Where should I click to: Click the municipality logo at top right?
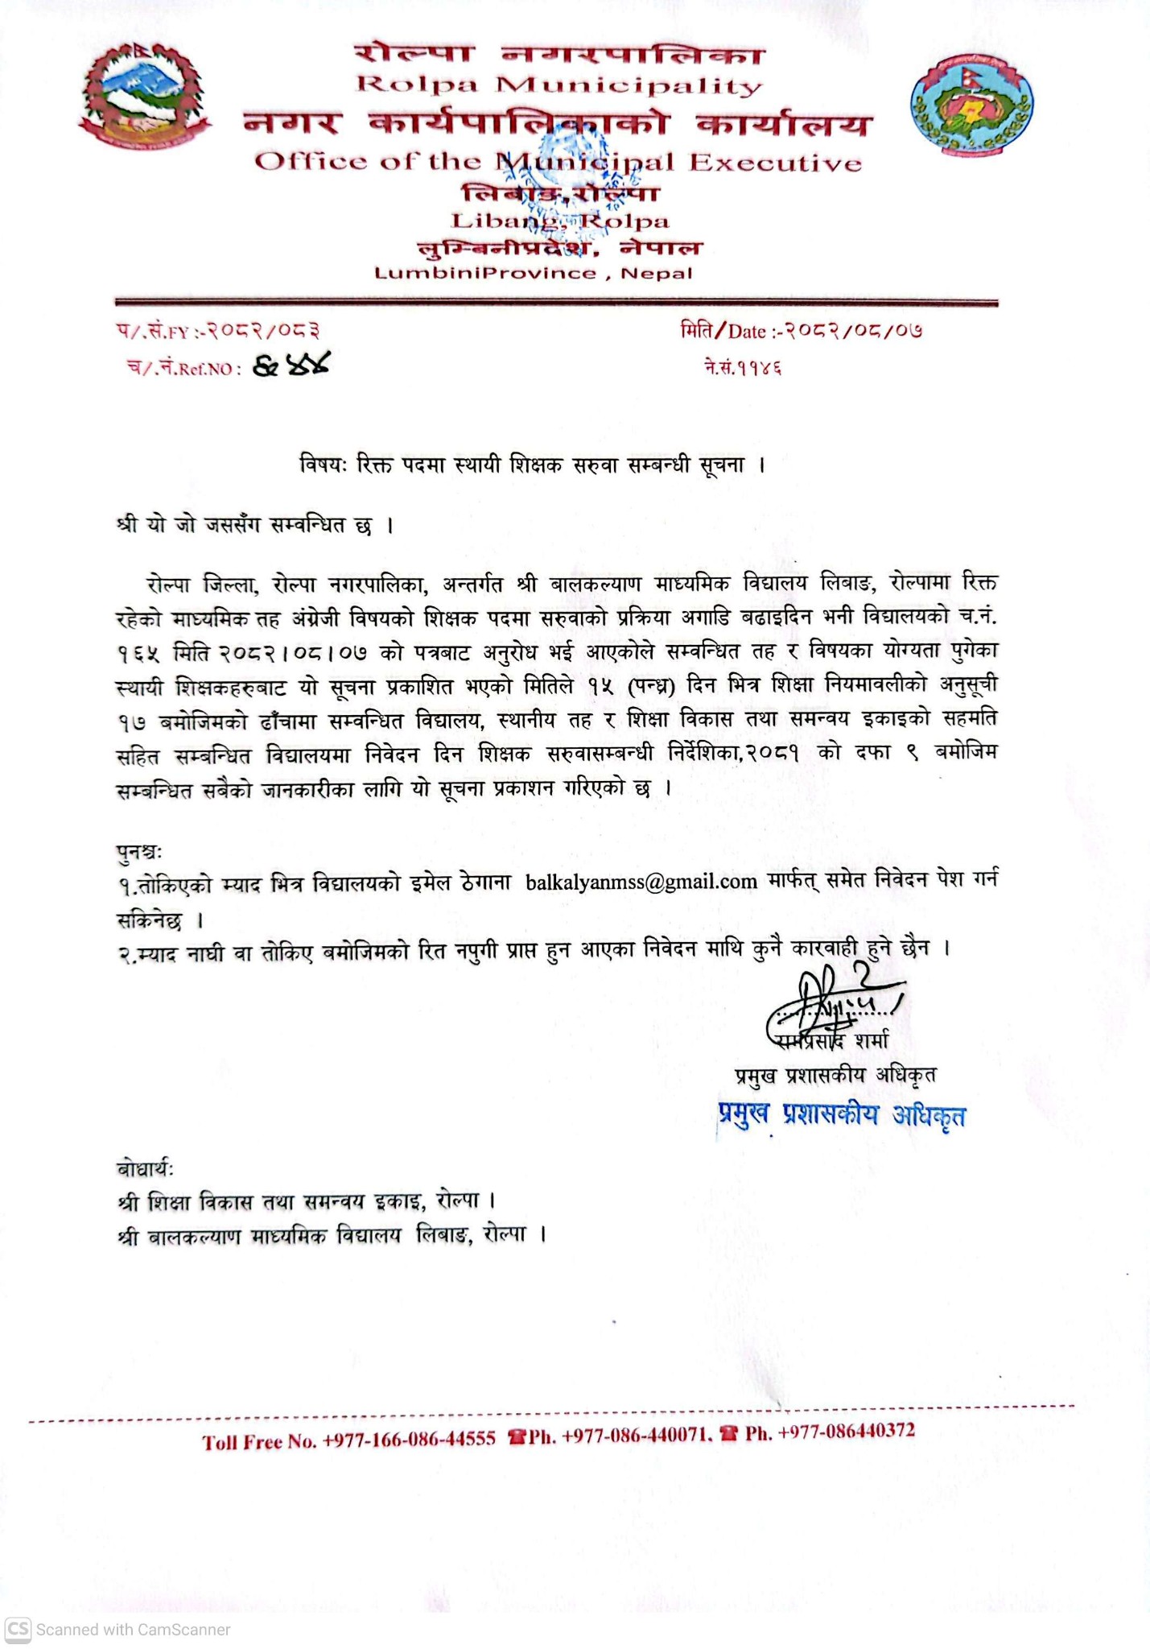click(971, 105)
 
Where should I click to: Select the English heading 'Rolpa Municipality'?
click(559, 85)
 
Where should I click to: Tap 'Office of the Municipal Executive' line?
click(558, 163)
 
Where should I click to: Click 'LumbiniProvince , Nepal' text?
click(533, 273)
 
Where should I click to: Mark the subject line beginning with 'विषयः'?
click(531, 465)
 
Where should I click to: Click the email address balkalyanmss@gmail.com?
click(641, 882)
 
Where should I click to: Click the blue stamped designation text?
click(841, 1115)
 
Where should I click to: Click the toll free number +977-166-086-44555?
click(408, 1440)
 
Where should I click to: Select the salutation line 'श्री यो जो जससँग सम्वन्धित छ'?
click(254, 526)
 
